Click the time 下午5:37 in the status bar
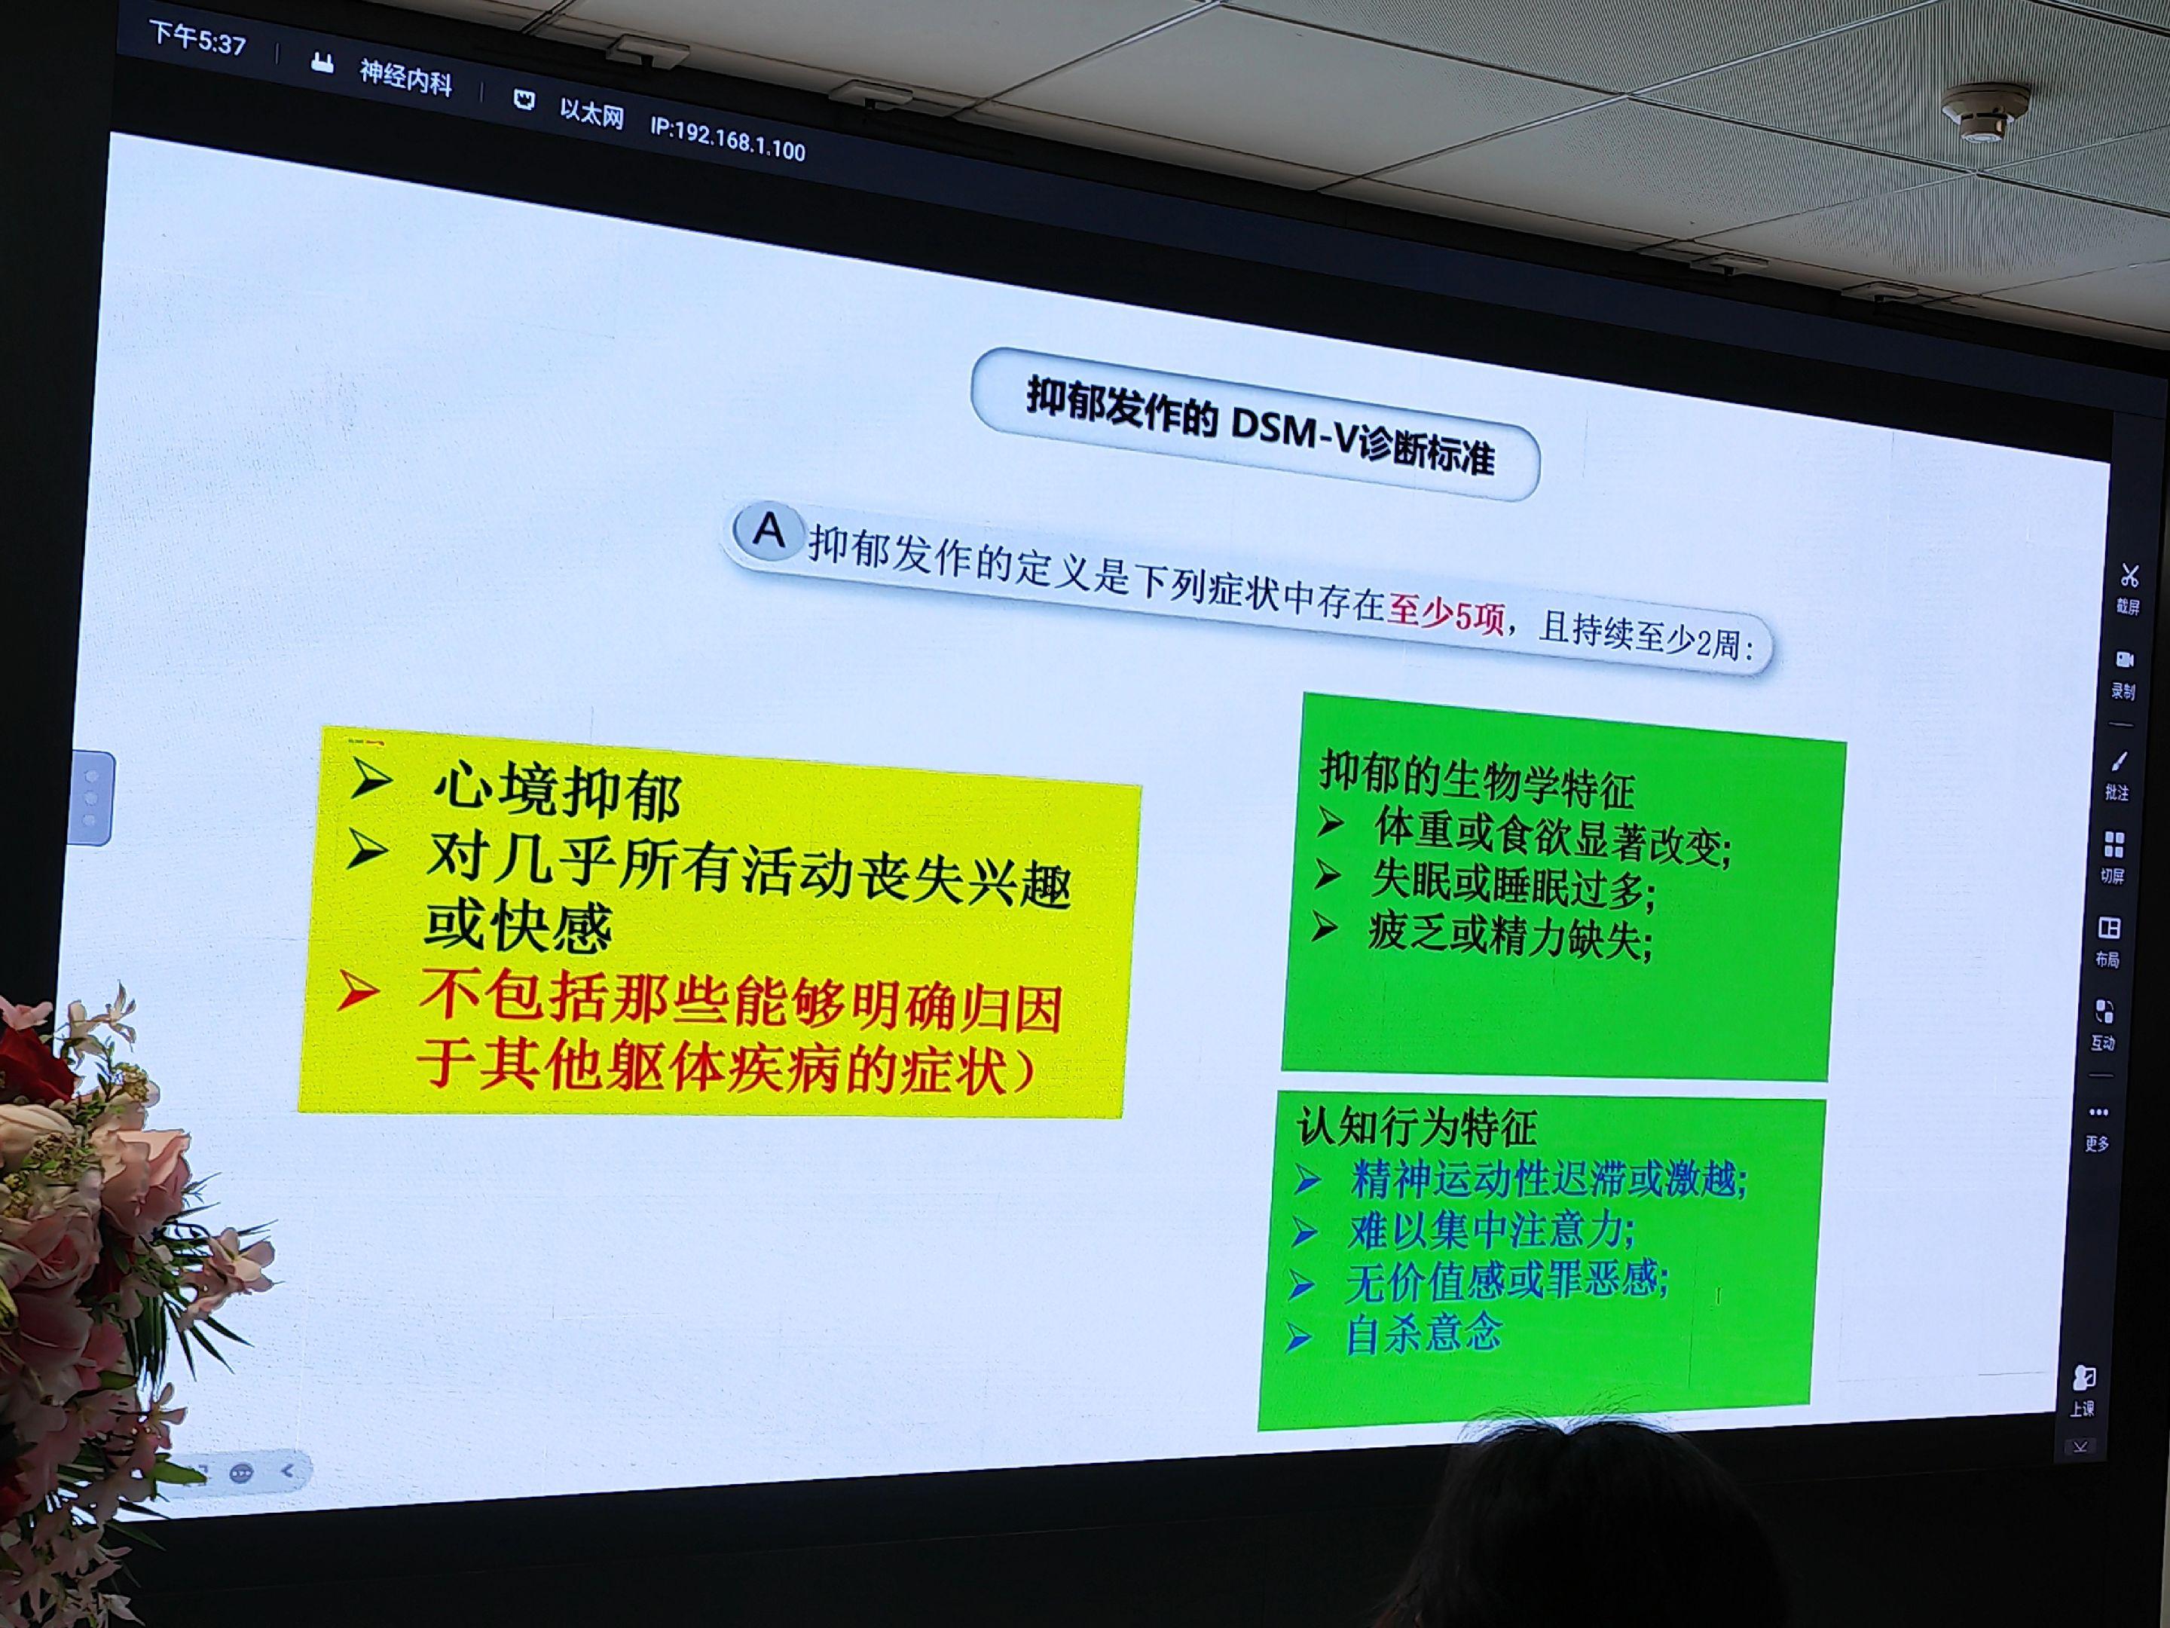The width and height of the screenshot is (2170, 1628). (x=198, y=38)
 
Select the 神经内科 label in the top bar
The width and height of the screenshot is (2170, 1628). (x=405, y=77)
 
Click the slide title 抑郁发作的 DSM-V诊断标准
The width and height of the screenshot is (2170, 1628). (x=1261, y=426)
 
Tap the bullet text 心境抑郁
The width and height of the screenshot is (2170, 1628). (x=556, y=792)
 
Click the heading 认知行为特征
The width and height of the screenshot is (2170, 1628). (x=1417, y=1127)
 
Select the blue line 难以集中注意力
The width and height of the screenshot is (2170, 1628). (x=1491, y=1229)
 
